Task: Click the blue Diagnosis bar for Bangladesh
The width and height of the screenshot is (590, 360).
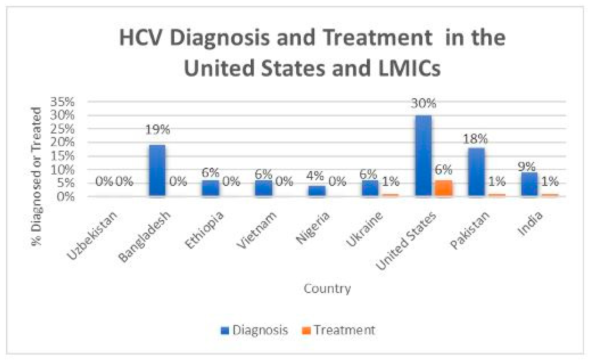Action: tap(157, 170)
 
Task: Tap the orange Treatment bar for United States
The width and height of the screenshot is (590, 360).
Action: tap(443, 188)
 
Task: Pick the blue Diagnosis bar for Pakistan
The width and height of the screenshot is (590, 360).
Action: tap(476, 172)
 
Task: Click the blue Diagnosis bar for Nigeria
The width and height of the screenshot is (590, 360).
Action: tap(317, 191)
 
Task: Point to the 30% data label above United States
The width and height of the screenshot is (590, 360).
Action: tap(423, 103)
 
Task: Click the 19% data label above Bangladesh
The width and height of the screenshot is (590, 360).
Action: tap(157, 130)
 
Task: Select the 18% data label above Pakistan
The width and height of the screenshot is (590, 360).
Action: tap(475, 139)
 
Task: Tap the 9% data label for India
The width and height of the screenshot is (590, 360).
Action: tap(526, 166)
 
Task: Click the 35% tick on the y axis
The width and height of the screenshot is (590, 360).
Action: tap(62, 102)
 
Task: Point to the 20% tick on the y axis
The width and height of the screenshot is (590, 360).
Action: tap(62, 142)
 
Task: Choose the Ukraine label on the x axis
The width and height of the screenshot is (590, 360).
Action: tap(365, 229)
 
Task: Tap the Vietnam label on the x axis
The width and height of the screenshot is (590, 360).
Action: tap(257, 230)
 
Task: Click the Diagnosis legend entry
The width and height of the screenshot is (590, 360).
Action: tap(254, 330)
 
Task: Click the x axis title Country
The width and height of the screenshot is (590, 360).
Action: tap(327, 289)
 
